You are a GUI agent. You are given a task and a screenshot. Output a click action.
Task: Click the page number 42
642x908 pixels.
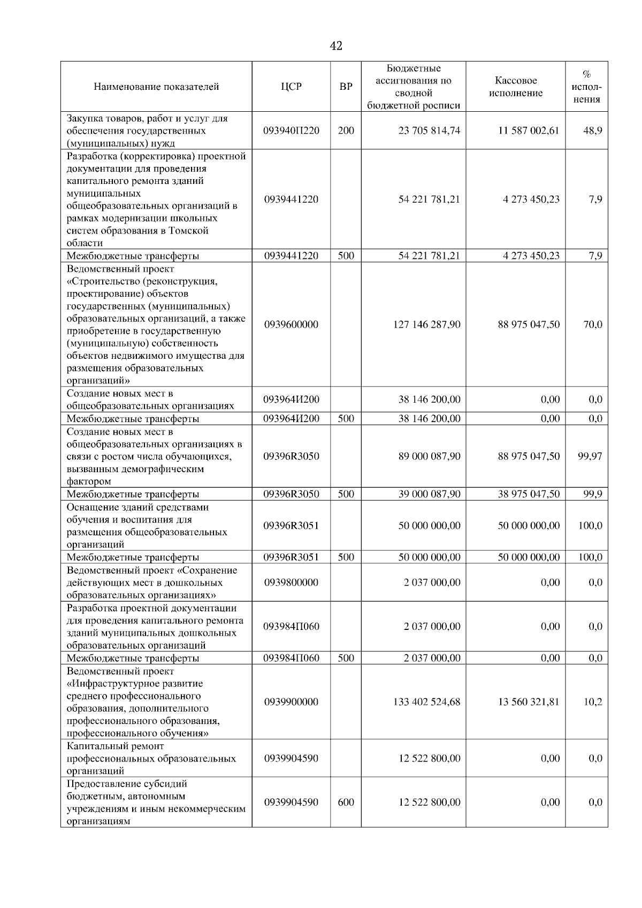(336, 47)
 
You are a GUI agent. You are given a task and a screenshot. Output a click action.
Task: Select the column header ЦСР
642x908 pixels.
(291, 87)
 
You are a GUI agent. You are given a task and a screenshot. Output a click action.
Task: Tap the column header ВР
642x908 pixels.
(346, 87)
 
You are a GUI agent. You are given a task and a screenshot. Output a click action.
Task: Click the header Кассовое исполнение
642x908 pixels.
(516, 87)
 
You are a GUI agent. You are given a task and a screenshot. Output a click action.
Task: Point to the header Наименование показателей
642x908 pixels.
(156, 87)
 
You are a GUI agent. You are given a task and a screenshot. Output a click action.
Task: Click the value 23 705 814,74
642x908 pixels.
(429, 130)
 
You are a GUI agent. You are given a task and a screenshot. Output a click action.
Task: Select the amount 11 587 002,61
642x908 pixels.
(529, 130)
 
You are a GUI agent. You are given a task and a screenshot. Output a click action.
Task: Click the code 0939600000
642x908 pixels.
(291, 325)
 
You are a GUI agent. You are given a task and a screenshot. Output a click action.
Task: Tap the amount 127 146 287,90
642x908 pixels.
(426, 325)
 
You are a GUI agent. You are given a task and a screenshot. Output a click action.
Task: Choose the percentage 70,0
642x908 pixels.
(592, 325)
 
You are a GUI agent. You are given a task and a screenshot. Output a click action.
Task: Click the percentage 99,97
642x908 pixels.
(590, 456)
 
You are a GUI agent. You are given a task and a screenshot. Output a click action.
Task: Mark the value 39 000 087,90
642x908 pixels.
(429, 494)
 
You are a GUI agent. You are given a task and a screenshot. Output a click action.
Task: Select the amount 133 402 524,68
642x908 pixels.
(426, 702)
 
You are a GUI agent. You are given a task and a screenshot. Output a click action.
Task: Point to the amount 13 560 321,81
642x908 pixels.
(529, 702)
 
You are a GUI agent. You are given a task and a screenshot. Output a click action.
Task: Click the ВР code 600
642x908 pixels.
(346, 802)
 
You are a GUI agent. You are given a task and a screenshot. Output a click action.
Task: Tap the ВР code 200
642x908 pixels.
(346, 130)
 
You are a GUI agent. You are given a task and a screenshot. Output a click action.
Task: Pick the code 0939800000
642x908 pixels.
(291, 582)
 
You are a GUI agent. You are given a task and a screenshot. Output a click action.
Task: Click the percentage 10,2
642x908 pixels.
(592, 702)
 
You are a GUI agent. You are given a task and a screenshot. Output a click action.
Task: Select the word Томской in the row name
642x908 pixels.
(188, 231)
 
